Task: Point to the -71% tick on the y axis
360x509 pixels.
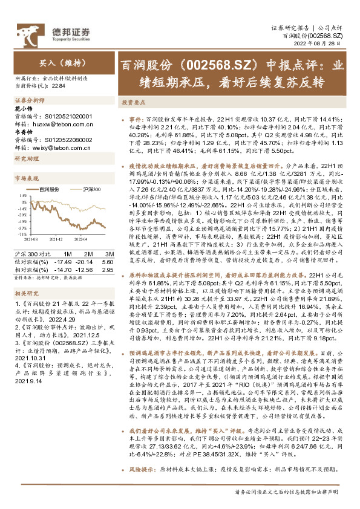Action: click(x=23, y=233)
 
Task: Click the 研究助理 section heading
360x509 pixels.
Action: click(x=27, y=158)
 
